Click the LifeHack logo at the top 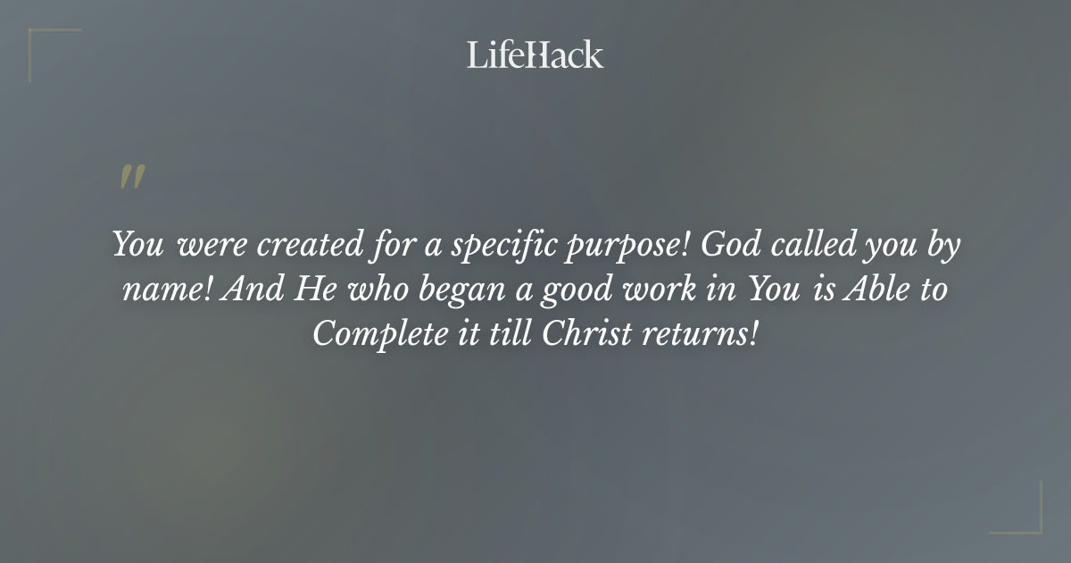tap(535, 55)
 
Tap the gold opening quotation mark tap(131, 178)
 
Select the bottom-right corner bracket tap(1026, 518)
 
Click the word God tap(729, 245)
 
